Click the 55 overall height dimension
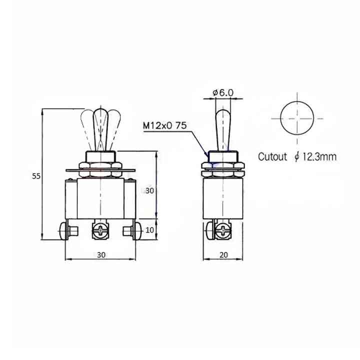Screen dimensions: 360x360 coord(35,176)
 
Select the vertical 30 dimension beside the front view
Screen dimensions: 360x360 coord(149,190)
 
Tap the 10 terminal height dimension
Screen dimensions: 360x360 coord(149,229)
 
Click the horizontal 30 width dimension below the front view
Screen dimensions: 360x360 coord(101,254)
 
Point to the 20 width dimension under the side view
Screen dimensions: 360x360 coord(223,254)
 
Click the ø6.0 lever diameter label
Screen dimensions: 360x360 coord(223,92)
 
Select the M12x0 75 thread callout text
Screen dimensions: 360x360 coord(165,125)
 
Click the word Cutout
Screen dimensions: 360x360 coord(272,157)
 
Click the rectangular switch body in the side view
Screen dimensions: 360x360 coord(222,198)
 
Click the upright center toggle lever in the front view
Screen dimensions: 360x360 coord(101,127)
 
